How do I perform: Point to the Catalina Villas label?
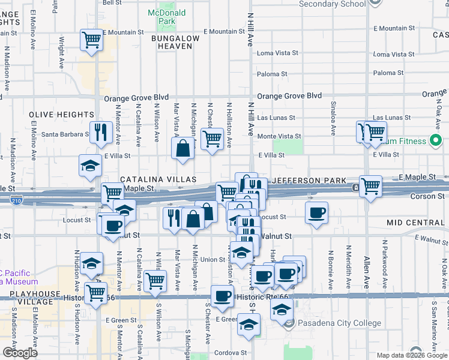158,180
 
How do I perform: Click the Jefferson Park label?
309,181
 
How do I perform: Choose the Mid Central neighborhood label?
414,223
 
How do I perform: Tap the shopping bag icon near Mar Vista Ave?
183,148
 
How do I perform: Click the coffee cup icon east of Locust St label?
316,212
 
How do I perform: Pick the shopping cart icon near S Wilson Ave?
155,280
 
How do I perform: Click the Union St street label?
212,260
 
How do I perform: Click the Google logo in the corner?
20,352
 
